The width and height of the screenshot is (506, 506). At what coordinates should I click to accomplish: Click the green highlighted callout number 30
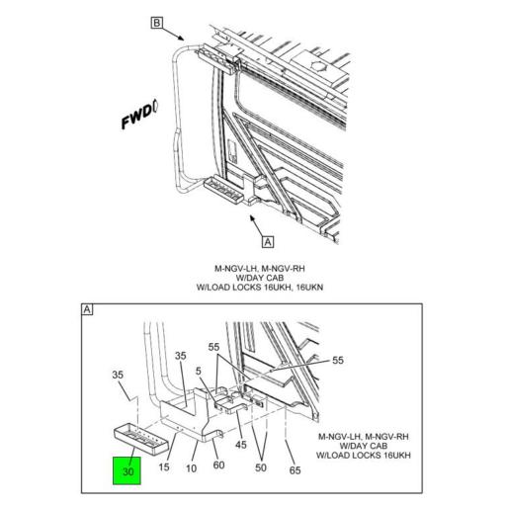click(x=127, y=471)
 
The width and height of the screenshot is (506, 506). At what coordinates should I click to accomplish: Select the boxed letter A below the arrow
click(x=267, y=239)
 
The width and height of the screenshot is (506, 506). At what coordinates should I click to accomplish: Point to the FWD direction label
click(x=139, y=122)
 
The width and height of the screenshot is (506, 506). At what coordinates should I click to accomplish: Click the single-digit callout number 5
click(x=198, y=372)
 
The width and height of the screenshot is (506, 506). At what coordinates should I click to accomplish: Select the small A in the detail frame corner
click(x=88, y=311)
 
